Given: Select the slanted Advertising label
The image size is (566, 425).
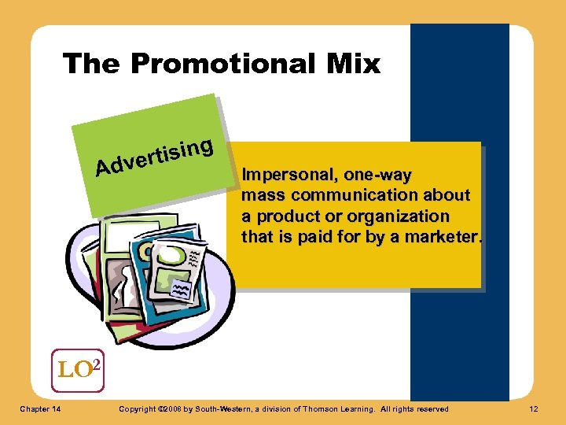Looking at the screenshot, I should [x=154, y=156].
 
